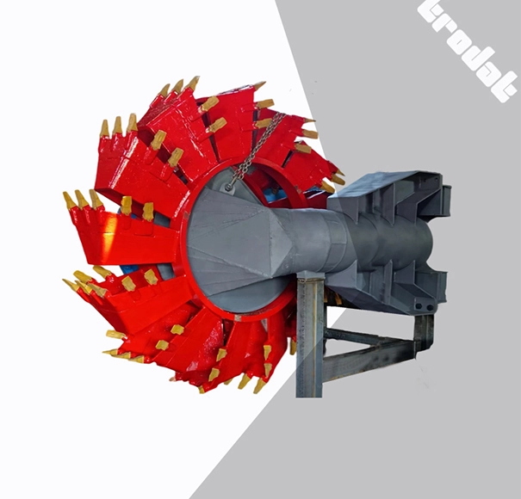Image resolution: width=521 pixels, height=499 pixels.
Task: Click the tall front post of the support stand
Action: point(309,344)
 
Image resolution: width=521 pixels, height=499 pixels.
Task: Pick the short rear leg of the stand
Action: point(423,331)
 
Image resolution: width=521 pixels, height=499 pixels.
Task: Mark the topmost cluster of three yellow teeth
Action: point(177,87)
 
